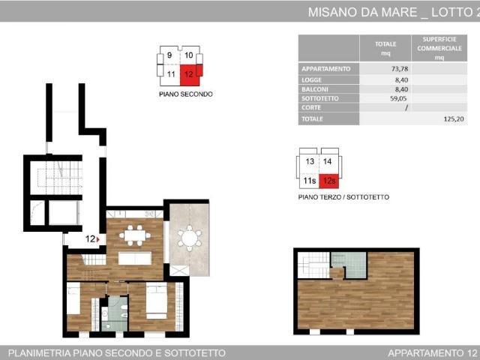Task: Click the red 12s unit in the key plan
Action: (x=328, y=181)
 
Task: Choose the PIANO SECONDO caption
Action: (x=185, y=94)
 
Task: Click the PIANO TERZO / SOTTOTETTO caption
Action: (x=343, y=197)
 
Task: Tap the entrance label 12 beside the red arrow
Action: (x=89, y=239)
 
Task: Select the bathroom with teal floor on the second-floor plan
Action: (x=115, y=309)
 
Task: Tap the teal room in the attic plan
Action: (x=349, y=263)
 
